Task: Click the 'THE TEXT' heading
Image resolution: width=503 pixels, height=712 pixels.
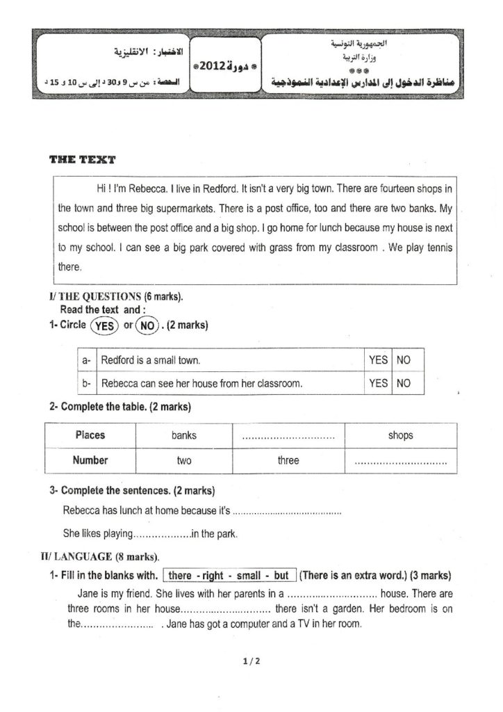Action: tap(83, 160)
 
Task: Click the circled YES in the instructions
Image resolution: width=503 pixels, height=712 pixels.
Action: tap(104, 325)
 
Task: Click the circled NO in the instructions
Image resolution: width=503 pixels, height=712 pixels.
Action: tap(147, 325)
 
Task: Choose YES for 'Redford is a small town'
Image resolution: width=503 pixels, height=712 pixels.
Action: tap(378, 360)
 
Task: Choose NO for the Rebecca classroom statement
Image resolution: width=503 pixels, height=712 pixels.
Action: tap(403, 383)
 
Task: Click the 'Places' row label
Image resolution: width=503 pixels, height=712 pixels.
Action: tap(90, 435)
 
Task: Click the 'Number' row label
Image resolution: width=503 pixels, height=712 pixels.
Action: tap(90, 460)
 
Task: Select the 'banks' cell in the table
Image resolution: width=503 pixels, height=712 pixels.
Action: tap(184, 435)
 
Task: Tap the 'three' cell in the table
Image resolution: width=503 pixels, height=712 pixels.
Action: tap(288, 460)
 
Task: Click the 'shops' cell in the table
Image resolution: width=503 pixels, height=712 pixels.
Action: tap(400, 435)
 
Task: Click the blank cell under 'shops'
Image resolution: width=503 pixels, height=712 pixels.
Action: tap(400, 461)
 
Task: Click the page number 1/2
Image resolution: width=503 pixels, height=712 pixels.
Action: tap(251, 662)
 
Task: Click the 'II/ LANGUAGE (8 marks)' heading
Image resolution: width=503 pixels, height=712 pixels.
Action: tap(100, 557)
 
